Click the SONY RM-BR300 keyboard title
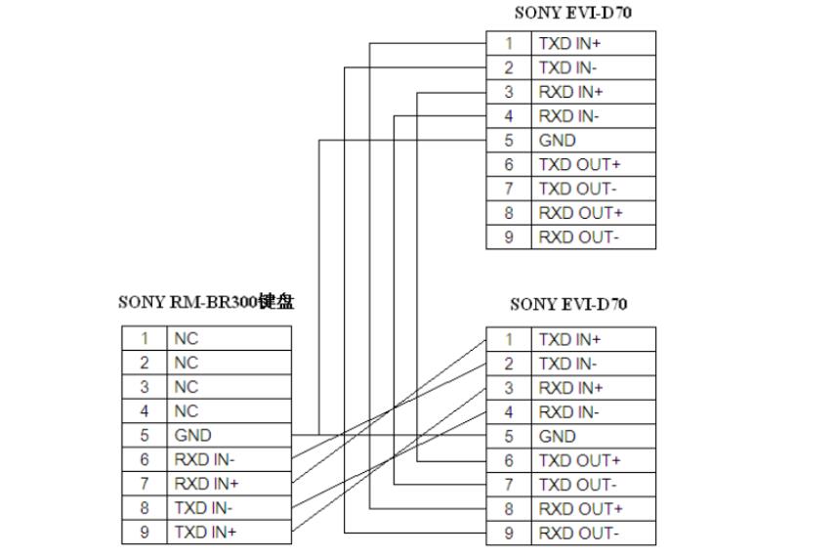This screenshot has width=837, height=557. (x=205, y=302)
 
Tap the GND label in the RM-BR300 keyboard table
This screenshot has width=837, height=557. (x=192, y=436)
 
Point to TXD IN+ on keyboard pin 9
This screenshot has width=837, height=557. (x=206, y=533)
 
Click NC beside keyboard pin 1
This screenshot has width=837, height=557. (x=186, y=339)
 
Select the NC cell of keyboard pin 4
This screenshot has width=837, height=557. (x=186, y=411)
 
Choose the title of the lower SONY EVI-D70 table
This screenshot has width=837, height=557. (x=568, y=305)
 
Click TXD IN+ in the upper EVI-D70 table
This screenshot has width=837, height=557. (x=570, y=44)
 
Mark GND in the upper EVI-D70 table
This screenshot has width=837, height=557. (x=557, y=141)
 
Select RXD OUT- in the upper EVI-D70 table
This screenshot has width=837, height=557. (x=578, y=237)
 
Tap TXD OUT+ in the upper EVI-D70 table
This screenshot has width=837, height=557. (x=579, y=165)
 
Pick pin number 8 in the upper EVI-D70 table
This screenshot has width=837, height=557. (x=509, y=213)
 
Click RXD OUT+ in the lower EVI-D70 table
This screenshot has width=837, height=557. (x=580, y=509)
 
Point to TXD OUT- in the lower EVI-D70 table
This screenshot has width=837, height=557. (x=578, y=485)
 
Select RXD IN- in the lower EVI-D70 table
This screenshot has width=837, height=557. (x=569, y=412)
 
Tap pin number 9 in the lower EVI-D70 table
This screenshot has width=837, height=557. (x=509, y=534)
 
